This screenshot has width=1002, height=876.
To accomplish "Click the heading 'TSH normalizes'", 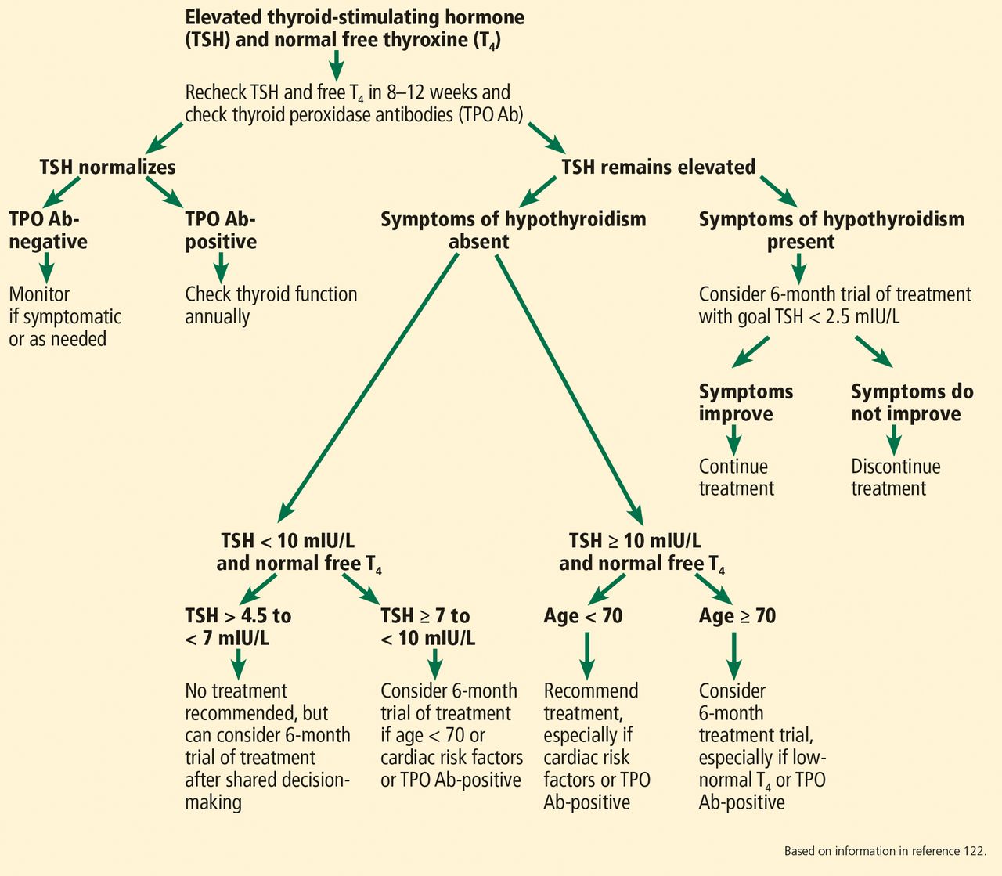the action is [x=107, y=167].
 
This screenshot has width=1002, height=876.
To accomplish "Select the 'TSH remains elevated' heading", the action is [x=658, y=167].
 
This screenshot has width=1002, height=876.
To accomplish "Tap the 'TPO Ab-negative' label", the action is [x=48, y=230].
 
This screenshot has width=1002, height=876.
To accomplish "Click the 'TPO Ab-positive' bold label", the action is [x=221, y=230].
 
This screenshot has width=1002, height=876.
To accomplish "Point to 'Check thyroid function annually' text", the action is [x=271, y=305].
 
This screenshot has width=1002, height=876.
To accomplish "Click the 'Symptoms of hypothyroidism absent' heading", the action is [x=514, y=230].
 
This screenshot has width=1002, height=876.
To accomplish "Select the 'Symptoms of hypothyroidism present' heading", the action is [x=831, y=230].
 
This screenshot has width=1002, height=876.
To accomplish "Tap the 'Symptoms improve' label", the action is [x=746, y=402].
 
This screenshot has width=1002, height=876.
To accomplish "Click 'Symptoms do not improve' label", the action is [x=912, y=402].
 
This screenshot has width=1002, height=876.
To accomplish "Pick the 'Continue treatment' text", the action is [x=736, y=477].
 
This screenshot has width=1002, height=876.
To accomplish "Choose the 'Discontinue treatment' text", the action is [x=896, y=477].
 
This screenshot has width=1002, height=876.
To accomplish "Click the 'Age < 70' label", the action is [x=582, y=616].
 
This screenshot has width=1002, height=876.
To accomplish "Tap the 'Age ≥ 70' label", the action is [x=737, y=616].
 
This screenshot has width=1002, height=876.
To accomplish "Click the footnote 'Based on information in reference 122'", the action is [x=885, y=851].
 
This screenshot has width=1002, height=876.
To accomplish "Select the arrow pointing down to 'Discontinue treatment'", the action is [x=894, y=440].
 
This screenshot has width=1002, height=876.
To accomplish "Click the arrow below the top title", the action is [x=336, y=65].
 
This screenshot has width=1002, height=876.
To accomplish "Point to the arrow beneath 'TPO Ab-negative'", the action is [x=47, y=268].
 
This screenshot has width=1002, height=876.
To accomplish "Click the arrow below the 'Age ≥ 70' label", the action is [x=733, y=656].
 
